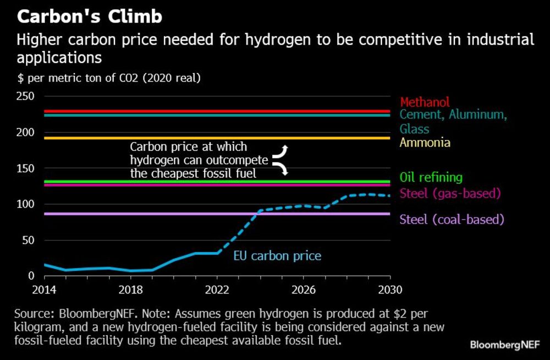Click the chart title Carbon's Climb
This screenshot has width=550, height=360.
click(x=90, y=17)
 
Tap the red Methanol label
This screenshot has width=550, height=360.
click(x=425, y=102)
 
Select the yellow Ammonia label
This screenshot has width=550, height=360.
click(x=425, y=143)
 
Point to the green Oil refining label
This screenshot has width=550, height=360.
click(x=431, y=177)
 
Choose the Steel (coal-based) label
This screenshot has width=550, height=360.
click(x=452, y=219)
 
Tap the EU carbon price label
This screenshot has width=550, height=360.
click(x=277, y=255)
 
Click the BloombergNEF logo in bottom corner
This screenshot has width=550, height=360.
click(x=504, y=345)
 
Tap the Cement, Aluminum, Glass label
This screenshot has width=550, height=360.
click(x=453, y=122)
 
